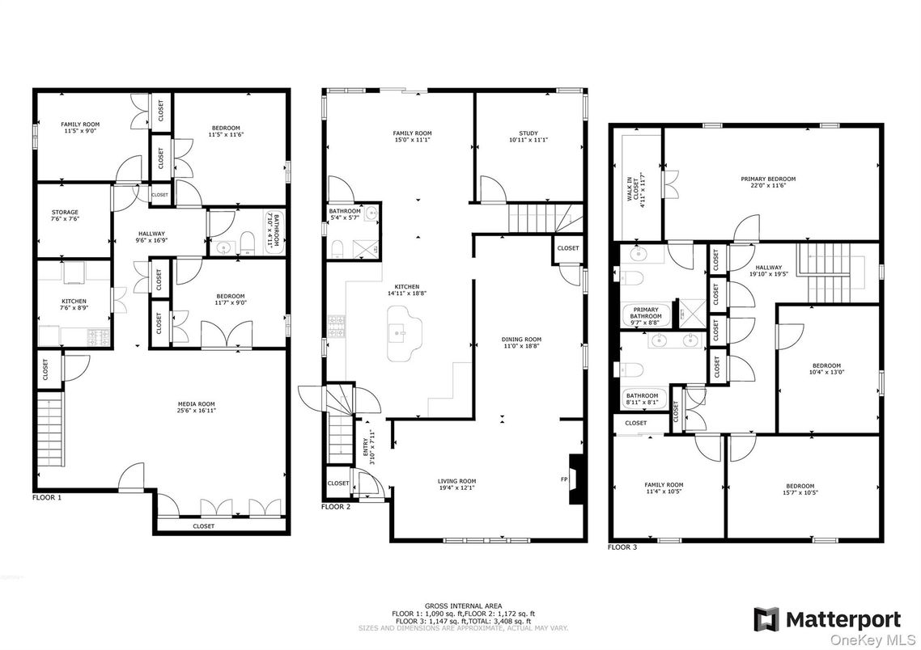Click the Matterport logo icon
coord(766,619)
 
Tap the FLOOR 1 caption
coord(46,497)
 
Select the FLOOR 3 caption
coord(622,547)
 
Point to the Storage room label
coord(65,216)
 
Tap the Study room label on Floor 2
coord(528,137)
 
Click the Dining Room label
coord(521,343)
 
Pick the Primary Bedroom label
coord(768,182)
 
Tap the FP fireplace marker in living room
coord(563,479)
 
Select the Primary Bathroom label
coord(646,314)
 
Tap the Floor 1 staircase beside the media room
coord(49,428)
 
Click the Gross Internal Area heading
coord(463,606)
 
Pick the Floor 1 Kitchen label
coord(74,305)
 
